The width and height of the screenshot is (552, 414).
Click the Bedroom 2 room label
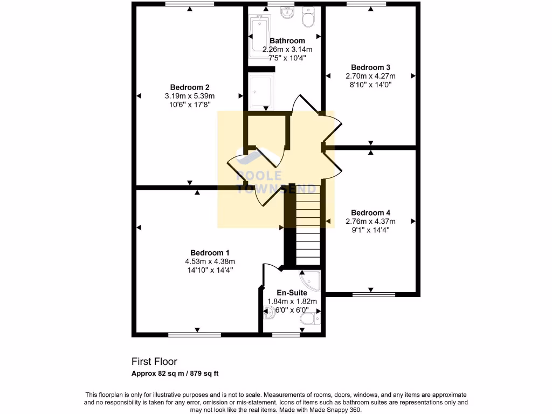189,87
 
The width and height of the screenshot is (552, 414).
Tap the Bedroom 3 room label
370,67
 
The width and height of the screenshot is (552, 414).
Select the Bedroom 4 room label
370,212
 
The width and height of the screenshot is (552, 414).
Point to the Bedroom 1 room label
210,253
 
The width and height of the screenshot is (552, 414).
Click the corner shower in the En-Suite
311,280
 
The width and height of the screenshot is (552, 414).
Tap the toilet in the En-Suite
308,321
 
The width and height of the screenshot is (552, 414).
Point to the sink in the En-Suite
268,311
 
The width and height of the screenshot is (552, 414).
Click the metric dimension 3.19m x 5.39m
189,96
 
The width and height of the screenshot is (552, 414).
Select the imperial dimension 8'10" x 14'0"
370,85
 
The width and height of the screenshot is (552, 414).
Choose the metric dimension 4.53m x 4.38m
210,261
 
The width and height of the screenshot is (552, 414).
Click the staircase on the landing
308,224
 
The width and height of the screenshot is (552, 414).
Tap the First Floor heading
154,362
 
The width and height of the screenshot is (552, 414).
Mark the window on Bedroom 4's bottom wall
374,294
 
